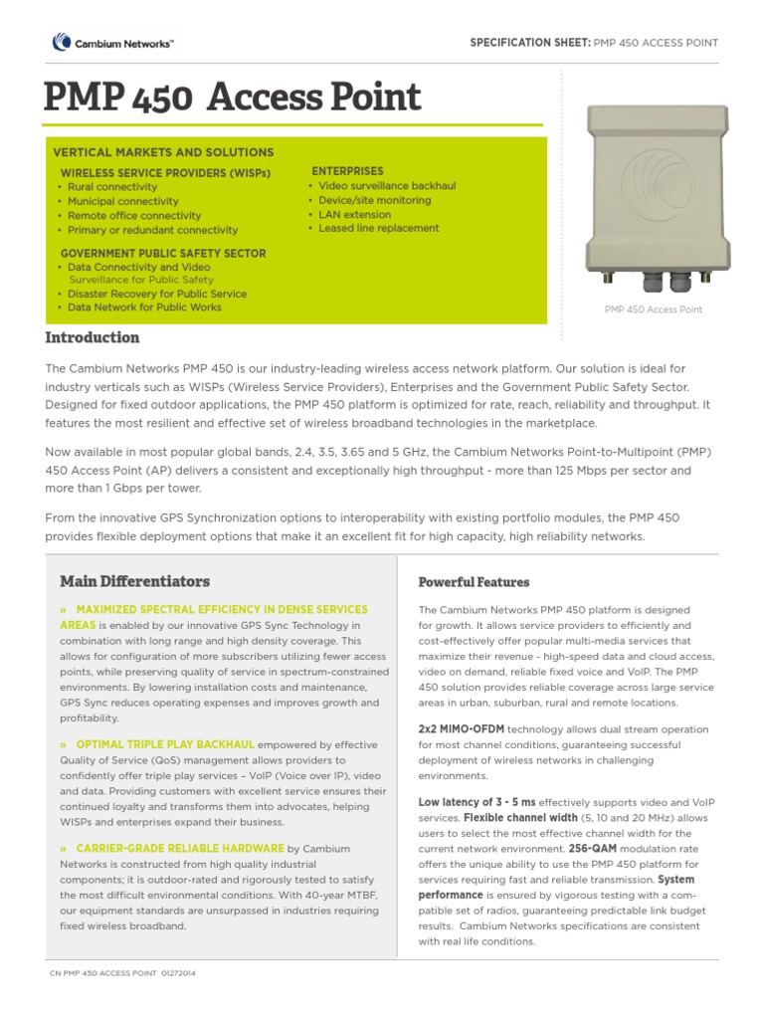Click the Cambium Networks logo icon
point(61,42)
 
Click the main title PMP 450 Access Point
point(233,98)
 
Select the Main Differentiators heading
point(134,581)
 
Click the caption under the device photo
point(653,309)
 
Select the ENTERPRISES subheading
point(347,171)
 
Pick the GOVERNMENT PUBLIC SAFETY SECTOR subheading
point(163,254)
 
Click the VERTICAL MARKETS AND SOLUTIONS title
point(162,152)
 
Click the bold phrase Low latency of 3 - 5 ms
point(477,802)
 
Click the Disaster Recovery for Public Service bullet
point(157,295)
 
